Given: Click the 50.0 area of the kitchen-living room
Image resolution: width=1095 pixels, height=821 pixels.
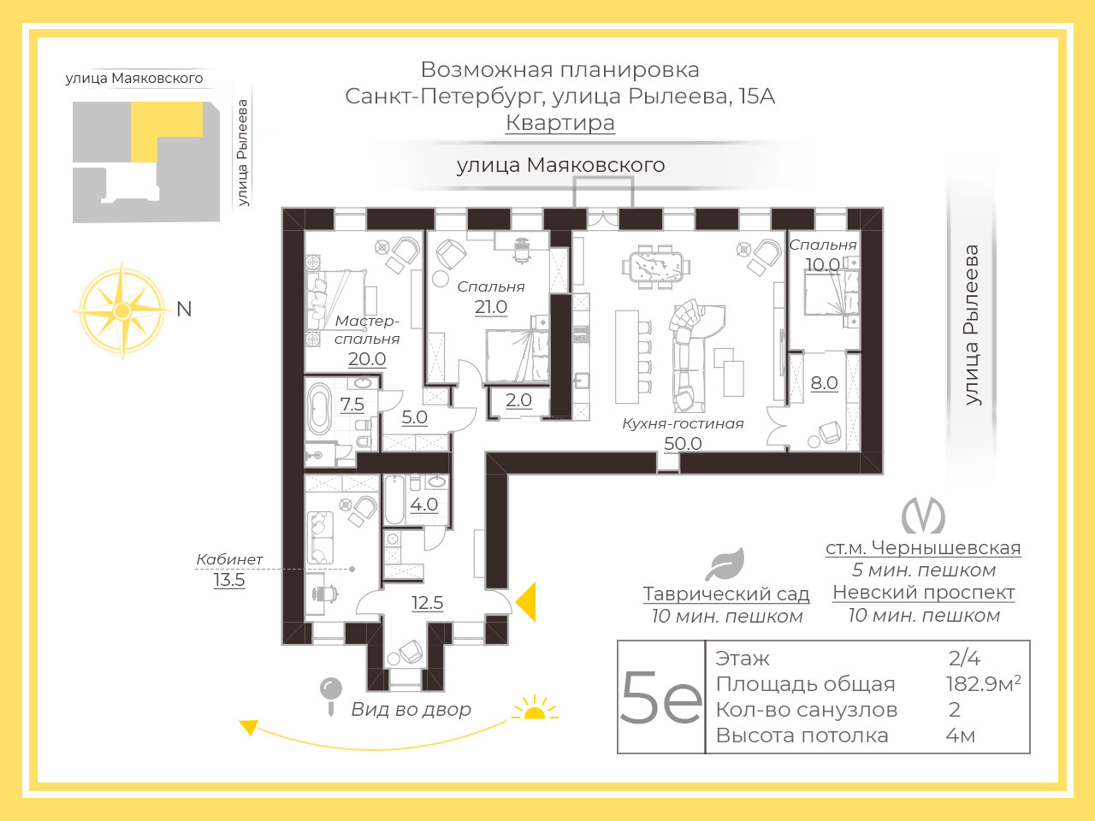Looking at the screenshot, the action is [x=683, y=443].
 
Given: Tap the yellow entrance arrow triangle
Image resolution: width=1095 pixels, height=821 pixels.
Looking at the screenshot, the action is [x=527, y=602].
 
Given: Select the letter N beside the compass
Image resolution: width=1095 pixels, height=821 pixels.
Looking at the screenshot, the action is [x=184, y=310].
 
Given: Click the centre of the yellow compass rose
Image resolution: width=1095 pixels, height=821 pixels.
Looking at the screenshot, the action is [x=122, y=310].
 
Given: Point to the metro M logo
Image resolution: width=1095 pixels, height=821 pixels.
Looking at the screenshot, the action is [x=923, y=516].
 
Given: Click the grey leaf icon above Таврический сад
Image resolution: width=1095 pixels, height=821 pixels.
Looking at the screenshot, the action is [x=725, y=564].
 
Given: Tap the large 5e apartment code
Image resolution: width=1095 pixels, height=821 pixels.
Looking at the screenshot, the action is [x=661, y=697].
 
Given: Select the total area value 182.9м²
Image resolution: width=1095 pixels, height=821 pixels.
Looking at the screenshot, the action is [x=983, y=684].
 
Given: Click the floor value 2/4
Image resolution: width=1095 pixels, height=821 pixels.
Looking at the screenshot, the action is [x=964, y=659].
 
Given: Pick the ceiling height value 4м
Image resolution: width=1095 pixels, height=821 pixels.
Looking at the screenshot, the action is [x=961, y=735].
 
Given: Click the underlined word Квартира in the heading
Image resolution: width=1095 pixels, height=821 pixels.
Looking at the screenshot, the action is [x=560, y=122].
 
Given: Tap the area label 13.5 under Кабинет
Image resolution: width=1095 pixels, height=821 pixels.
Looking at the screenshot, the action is [x=229, y=580].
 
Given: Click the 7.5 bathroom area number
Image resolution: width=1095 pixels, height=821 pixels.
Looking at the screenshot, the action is [x=352, y=405].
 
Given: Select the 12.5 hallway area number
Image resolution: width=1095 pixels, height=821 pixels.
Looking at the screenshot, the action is [x=427, y=603].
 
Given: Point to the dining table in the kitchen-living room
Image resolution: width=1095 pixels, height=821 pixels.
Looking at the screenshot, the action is [x=656, y=267].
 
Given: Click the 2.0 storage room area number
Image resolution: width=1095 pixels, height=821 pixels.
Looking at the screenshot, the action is [x=518, y=399].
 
